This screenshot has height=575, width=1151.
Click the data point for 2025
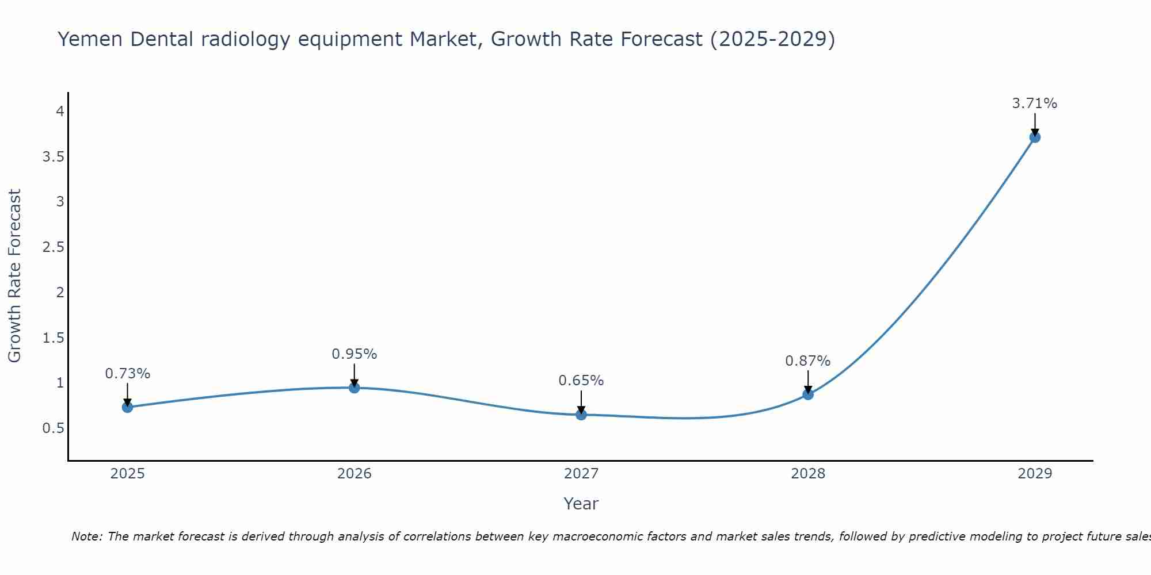point(127,407)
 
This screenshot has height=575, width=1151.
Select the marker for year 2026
point(355,388)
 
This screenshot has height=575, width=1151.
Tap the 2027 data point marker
point(581,415)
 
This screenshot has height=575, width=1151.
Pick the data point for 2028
point(808,394)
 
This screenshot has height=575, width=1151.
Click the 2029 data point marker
point(1035,137)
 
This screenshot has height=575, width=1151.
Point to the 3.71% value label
point(1034,103)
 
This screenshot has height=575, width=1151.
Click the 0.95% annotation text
point(355,354)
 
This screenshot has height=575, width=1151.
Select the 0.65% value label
point(581,381)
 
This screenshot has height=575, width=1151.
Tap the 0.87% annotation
point(808,361)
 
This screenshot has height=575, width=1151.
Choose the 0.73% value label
point(128,374)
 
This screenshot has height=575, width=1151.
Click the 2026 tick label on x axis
point(355,474)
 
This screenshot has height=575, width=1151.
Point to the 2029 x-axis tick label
point(1035,474)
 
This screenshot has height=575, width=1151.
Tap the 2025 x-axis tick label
point(127,474)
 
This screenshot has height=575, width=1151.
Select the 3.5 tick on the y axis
point(53,156)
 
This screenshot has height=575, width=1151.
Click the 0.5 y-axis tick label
point(53,428)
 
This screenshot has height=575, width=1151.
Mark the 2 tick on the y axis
point(60,292)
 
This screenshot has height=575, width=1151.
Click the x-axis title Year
point(581,504)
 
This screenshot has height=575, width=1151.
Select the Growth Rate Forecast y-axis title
point(14,275)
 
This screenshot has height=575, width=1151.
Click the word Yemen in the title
point(90,39)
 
